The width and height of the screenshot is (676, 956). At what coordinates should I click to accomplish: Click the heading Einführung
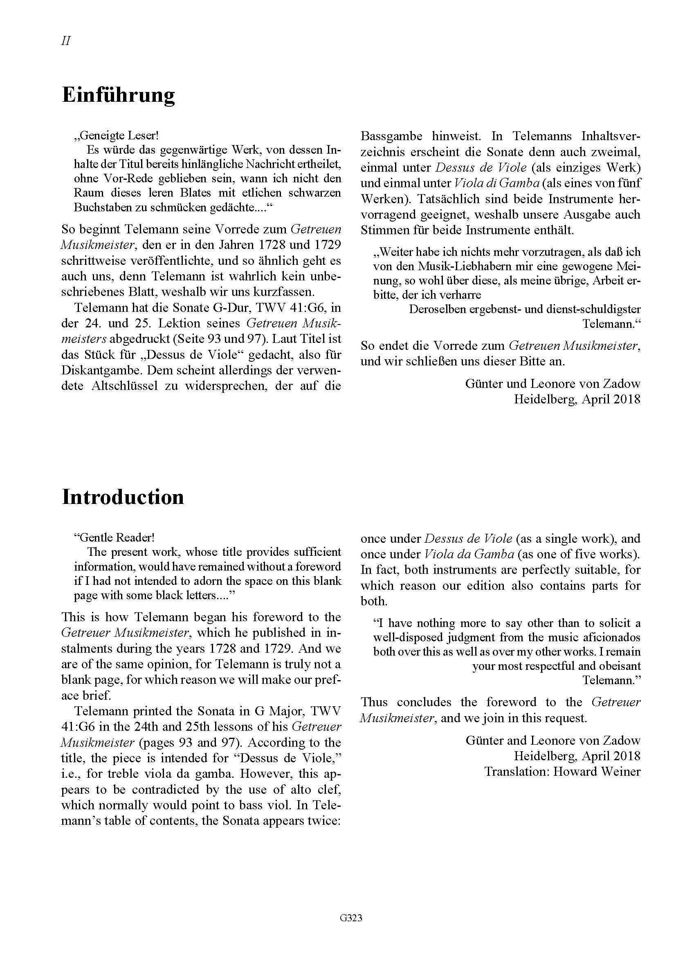[x=118, y=95]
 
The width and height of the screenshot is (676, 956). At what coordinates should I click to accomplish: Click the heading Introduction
[x=123, y=497]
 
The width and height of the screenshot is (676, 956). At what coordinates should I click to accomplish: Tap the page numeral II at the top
[x=66, y=41]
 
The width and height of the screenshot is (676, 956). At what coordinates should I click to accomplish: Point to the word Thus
[x=374, y=703]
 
